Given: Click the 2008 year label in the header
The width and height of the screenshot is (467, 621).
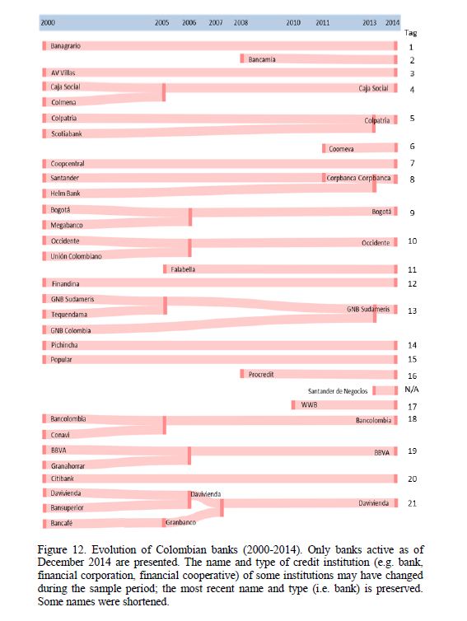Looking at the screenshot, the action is (241, 22).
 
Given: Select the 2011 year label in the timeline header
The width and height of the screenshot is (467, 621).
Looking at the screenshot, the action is (322, 22).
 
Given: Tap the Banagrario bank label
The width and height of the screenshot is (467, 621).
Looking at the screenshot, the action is (65, 46).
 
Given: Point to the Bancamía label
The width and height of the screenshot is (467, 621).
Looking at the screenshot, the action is (262, 59).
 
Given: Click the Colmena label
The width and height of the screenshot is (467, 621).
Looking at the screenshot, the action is (63, 102).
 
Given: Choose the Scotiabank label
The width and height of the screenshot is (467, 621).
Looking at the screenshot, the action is (67, 134).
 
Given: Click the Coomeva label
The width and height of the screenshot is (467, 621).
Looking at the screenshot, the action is (341, 149).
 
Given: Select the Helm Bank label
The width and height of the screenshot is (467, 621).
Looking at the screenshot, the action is (65, 194).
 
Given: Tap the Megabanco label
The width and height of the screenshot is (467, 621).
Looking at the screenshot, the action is (67, 225).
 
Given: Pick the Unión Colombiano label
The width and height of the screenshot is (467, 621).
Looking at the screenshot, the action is (76, 256).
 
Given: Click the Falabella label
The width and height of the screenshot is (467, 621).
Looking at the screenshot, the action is (183, 269).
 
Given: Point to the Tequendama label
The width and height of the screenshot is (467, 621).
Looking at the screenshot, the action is (69, 315).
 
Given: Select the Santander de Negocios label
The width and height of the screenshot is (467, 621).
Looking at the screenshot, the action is (338, 391).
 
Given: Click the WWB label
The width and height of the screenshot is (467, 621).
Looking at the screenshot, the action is (309, 404).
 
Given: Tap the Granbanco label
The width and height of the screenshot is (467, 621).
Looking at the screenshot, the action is (180, 522).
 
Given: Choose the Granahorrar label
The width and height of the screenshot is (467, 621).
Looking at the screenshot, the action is (68, 466).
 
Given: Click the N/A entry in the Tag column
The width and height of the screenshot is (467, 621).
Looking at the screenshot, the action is (412, 390).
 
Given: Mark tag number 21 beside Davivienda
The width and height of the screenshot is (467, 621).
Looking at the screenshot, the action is (412, 503).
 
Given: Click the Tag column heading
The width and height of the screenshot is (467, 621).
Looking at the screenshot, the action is (411, 33).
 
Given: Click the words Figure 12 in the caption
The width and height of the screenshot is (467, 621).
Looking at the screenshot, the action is (62, 549).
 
